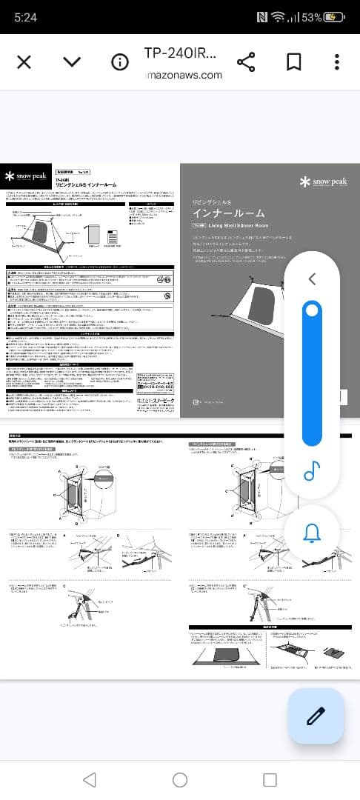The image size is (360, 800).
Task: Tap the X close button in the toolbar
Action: pyautogui.click(x=24, y=61)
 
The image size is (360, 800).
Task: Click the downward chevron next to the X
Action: pyautogui.click(x=72, y=61)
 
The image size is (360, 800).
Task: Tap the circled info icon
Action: pyautogui.click(x=120, y=61)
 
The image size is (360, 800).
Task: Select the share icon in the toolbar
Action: pyautogui.click(x=246, y=61)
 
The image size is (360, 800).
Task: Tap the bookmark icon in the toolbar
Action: pyautogui.click(x=293, y=61)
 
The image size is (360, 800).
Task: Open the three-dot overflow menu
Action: pyautogui.click(x=337, y=61)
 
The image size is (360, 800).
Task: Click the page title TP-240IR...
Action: pyautogui.click(x=180, y=53)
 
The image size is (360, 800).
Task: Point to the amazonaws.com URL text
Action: pyautogui.click(x=184, y=75)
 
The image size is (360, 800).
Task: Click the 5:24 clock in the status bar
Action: pyautogui.click(x=25, y=17)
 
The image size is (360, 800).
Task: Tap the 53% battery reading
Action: pyautogui.click(x=311, y=17)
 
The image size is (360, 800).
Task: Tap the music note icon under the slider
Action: pyautogui.click(x=312, y=471)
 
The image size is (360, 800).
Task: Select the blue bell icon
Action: pyautogui.click(x=312, y=532)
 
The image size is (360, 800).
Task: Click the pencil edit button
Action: pyautogui.click(x=316, y=716)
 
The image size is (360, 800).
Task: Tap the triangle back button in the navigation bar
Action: pyautogui.click(x=90, y=779)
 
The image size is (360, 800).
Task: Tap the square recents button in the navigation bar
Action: pyautogui.click(x=270, y=779)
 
